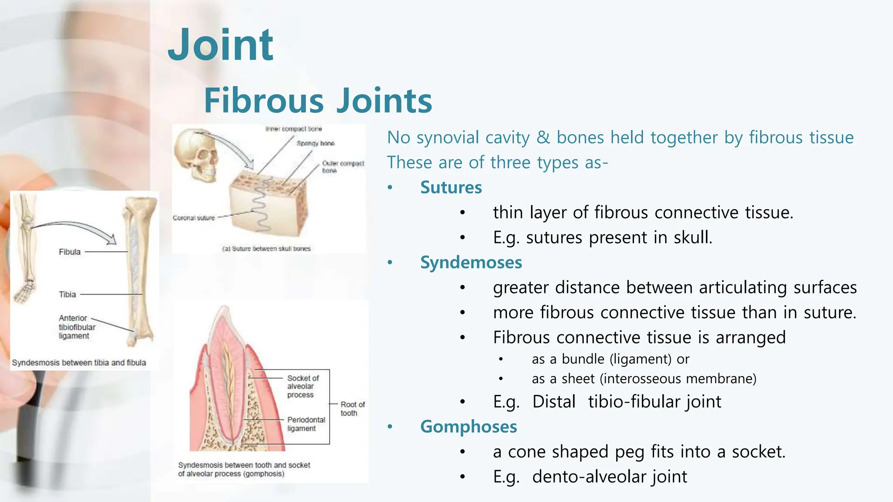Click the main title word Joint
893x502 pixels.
click(x=221, y=45)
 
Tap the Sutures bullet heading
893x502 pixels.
click(x=451, y=187)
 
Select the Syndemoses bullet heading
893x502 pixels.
click(x=471, y=262)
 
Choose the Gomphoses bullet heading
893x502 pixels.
click(x=468, y=427)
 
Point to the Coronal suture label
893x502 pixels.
click(x=194, y=218)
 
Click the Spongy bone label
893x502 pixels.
click(x=315, y=143)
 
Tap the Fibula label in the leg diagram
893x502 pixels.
click(x=70, y=252)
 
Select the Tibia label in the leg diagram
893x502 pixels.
click(x=68, y=295)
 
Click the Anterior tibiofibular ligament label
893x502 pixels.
click(x=76, y=327)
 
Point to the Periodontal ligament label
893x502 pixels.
click(x=306, y=424)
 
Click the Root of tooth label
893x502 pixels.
click(x=352, y=409)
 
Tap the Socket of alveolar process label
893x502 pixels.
click(x=303, y=387)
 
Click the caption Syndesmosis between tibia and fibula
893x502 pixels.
click(x=79, y=363)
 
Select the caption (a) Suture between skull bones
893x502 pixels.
click(x=266, y=249)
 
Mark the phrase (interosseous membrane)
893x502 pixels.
click(x=678, y=379)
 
